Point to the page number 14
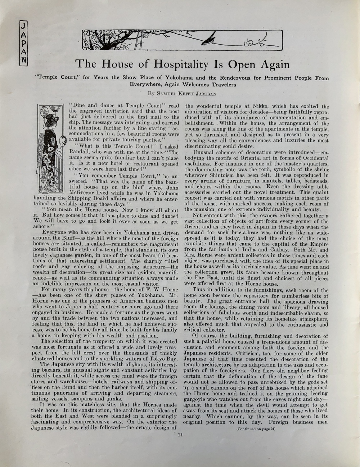click(x=180, y=434)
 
